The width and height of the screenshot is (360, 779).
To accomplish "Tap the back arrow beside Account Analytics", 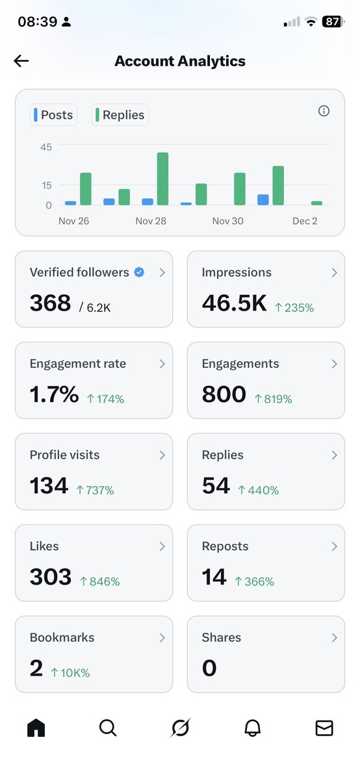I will tap(21, 61).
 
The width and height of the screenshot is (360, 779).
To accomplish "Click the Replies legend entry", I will tap(120, 115).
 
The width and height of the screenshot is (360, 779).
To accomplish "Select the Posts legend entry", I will tap(54, 115).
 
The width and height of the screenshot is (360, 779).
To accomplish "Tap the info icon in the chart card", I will tap(324, 111).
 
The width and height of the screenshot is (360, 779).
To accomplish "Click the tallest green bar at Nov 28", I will tap(162, 179).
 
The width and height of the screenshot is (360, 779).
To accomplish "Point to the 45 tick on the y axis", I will tap(45, 147).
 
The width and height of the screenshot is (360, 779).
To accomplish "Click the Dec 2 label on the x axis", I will tap(305, 221).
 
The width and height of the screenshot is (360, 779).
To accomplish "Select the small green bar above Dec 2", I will tap(316, 203).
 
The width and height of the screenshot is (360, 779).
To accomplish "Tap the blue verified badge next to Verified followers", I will tap(139, 272).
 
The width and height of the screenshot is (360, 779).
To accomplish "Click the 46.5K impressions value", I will tap(234, 303).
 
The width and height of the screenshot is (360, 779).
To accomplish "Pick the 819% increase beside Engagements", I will tap(273, 399).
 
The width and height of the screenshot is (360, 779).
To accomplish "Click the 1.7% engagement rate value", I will tap(54, 394).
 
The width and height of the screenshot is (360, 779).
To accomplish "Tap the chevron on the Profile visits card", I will tap(162, 455).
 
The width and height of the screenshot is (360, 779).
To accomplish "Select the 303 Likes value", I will tap(51, 577).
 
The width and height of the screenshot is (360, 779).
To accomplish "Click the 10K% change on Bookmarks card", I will tap(70, 673).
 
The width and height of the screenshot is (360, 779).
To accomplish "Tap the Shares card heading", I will tap(221, 637).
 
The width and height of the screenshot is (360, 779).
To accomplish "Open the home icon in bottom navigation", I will tap(36, 728).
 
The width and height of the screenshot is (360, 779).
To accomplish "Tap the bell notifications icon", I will tap(252, 728).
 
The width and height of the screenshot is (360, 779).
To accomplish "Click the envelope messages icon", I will tap(324, 728).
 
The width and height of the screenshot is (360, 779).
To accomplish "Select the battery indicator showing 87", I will tap(332, 21).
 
